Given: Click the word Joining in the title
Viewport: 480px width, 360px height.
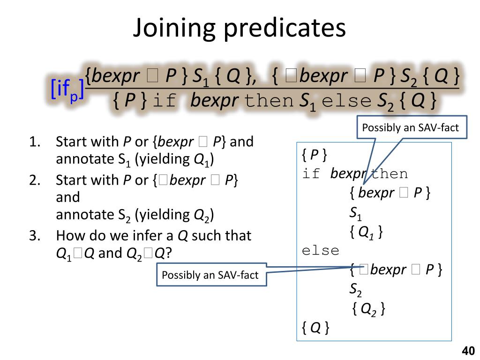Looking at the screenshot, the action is [173, 29].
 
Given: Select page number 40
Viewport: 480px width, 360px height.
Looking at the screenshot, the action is [468, 351].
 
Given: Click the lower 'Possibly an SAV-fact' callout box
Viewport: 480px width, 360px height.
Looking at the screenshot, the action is [210, 275].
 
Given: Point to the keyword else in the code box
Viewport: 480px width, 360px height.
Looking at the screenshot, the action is [320, 251].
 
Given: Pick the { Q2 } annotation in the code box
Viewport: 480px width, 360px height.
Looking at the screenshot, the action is [368, 309].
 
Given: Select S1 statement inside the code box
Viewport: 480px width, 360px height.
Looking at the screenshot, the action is [355, 214].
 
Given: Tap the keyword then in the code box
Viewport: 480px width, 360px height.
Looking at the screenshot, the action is [389, 174].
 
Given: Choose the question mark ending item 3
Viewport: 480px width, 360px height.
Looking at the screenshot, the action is [169, 253].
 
